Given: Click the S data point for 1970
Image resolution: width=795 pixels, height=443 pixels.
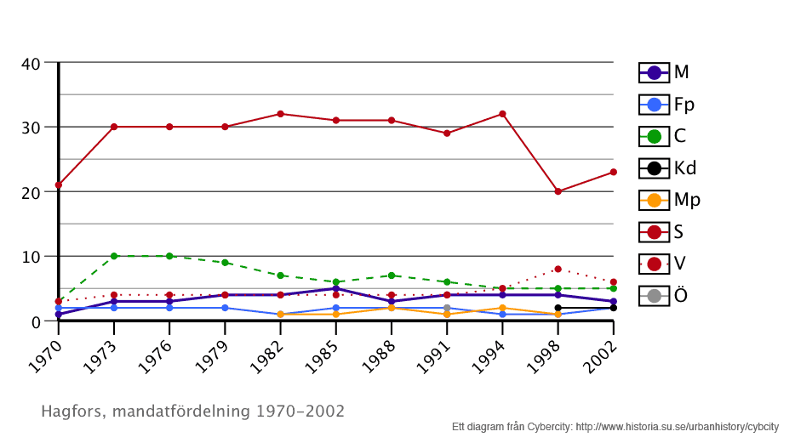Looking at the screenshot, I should click(59, 185).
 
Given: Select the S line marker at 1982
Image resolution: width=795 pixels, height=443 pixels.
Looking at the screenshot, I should click(280, 114).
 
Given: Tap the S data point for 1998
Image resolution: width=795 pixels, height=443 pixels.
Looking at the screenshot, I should click(558, 191).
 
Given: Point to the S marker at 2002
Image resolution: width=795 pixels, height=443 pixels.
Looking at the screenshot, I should click(613, 172).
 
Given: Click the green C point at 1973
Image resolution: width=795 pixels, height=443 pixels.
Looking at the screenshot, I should click(114, 256).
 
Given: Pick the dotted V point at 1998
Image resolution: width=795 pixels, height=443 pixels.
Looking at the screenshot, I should click(558, 269).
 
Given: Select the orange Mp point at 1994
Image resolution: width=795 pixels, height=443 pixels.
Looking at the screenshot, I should click(502, 308).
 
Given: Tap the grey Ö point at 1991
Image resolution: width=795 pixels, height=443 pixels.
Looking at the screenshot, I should click(447, 308).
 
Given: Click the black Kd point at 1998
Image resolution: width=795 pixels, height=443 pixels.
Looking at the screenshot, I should click(558, 308).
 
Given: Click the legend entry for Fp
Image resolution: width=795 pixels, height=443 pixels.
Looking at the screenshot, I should click(666, 105).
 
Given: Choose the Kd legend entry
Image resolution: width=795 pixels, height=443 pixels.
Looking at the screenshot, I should click(666, 168).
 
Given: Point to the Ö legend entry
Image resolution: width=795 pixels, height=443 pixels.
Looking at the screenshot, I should click(666, 295).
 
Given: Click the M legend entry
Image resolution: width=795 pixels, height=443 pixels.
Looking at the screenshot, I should click(666, 72).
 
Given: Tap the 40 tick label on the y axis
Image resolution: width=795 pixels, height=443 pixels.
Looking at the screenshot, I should click(31, 63).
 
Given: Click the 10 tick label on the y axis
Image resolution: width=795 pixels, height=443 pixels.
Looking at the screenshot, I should click(31, 257).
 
